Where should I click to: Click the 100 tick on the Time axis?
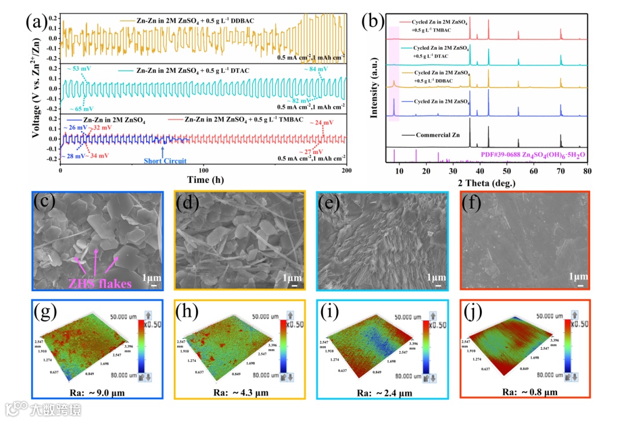pos(203,172)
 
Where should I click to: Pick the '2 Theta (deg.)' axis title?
pos(486,183)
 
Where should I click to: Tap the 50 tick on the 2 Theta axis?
pos(507,172)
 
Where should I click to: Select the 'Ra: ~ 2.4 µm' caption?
pos(381,393)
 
